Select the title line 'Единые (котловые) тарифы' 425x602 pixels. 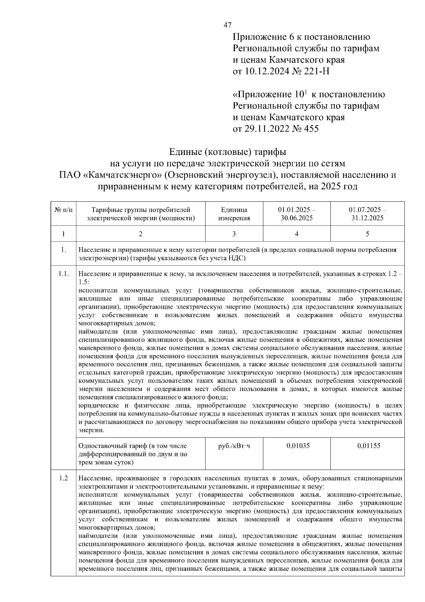tap(228, 152)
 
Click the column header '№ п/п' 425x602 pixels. tap(63, 210)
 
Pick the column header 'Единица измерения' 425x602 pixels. tap(234, 214)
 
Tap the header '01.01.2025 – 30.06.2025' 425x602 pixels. tap(297, 214)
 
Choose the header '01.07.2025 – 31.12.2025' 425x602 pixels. tap(367, 214)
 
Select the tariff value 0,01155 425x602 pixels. tap(369, 446)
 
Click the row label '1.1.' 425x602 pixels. tap(63, 274)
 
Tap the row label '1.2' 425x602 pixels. tap(63, 478)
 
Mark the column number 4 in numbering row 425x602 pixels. tap(297, 234)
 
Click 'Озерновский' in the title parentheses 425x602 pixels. tap(192, 175)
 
